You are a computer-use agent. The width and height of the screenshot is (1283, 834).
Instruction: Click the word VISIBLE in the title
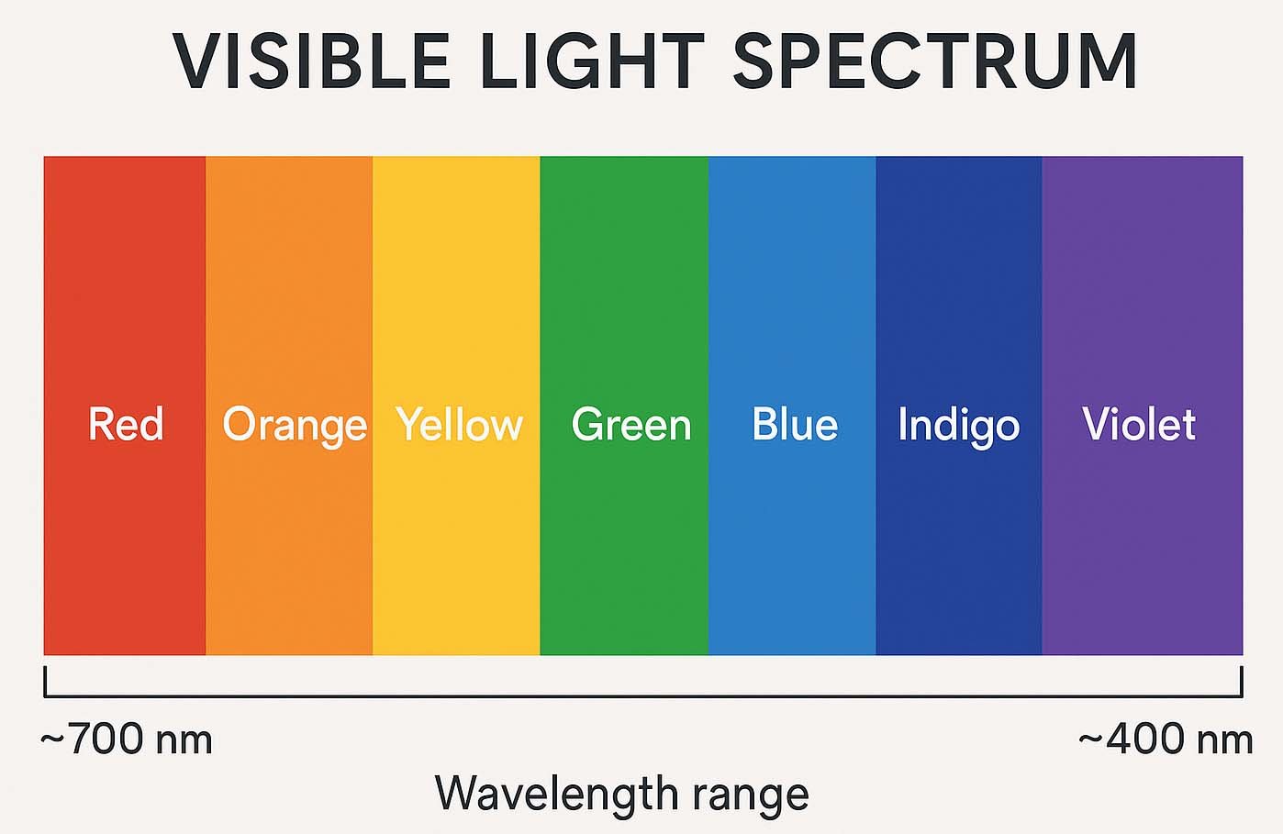point(311,61)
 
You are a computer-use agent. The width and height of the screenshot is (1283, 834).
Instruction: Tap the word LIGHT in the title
point(591,61)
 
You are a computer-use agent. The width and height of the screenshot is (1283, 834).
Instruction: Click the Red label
point(126,424)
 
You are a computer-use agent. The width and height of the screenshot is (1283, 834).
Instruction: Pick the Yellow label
point(459,424)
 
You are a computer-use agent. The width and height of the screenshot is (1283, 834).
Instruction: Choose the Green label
point(630,424)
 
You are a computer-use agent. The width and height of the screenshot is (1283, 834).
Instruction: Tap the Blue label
point(795,424)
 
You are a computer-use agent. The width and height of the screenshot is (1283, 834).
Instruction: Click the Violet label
point(1138,424)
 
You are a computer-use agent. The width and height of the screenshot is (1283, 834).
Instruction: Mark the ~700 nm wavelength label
point(127,739)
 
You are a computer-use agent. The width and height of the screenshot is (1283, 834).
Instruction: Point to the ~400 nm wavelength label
point(1166,739)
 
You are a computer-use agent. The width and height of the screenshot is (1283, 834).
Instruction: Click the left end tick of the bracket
point(45,681)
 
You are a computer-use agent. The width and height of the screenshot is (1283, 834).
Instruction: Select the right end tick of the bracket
point(1242,681)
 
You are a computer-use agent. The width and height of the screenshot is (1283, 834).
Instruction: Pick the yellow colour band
point(456,275)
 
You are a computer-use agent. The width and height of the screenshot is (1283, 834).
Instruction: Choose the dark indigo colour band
point(958,275)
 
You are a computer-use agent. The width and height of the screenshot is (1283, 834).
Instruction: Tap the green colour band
point(624,275)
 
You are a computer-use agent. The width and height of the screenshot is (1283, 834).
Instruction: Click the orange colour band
point(289,275)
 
